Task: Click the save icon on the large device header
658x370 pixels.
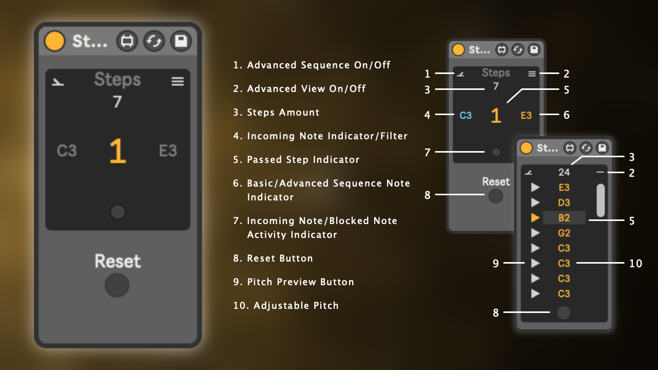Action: point(181,41)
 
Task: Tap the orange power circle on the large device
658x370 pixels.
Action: point(54,41)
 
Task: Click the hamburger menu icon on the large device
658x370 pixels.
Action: point(178,81)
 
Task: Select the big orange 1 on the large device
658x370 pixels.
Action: point(118,151)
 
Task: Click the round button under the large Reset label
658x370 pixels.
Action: point(117,285)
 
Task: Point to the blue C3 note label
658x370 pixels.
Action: point(466,116)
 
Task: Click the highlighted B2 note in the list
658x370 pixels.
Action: point(564,218)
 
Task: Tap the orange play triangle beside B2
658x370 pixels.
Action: point(535,217)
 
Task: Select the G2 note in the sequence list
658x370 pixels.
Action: point(564,233)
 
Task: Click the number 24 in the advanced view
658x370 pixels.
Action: point(564,172)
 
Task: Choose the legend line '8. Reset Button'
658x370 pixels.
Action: point(273,258)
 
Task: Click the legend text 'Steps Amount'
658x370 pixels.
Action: point(283,112)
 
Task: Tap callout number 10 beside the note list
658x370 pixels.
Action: point(636,264)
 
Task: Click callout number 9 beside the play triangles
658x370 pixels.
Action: point(496,264)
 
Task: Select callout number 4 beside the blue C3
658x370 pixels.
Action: point(427,115)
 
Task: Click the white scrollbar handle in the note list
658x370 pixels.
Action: point(601,200)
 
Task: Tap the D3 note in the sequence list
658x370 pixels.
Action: point(564,202)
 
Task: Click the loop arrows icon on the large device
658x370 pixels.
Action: point(154,41)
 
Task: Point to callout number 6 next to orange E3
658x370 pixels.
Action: point(566,115)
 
